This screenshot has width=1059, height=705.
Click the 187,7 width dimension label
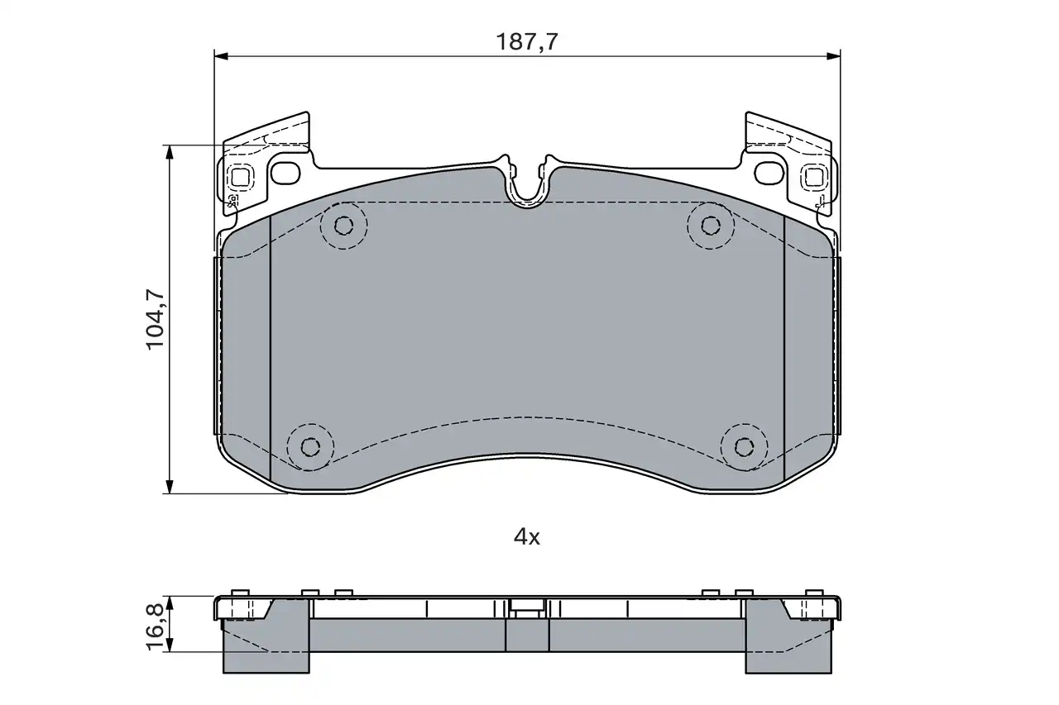(527, 41)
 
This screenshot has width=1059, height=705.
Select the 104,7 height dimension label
(155, 319)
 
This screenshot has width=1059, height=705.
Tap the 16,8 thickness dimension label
(155, 626)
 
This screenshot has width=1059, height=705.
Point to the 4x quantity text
(527, 537)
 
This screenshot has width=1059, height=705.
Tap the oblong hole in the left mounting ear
(286, 174)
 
